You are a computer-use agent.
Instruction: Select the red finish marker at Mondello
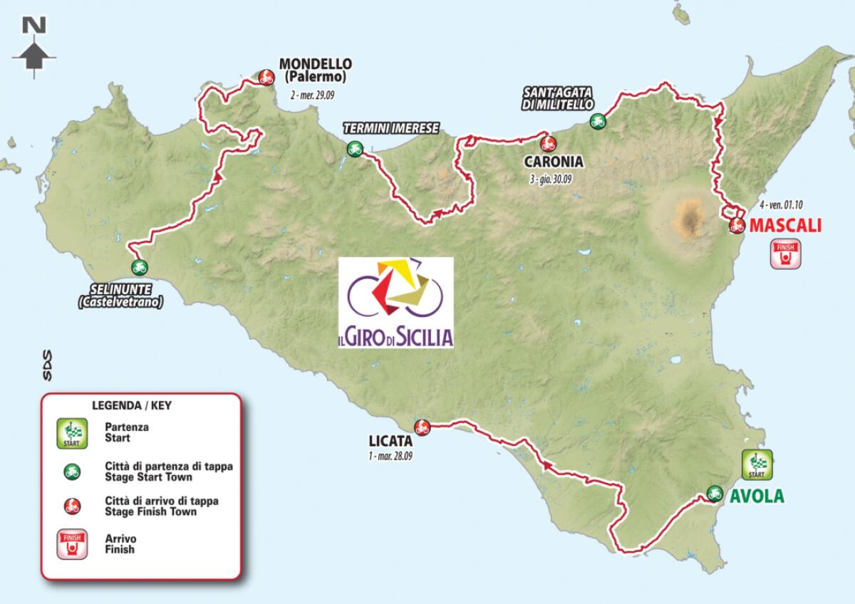(266, 77)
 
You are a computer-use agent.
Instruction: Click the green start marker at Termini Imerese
(354, 149)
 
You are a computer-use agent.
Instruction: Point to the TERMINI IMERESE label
(390, 128)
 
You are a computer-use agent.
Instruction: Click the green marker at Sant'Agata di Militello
(597, 121)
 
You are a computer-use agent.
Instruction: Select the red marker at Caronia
(548, 143)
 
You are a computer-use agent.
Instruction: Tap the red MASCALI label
(785, 226)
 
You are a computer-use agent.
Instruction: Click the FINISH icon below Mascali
(786, 255)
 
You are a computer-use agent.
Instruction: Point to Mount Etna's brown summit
(689, 217)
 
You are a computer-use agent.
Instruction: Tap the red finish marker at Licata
(422, 427)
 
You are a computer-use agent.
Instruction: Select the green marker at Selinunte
(139, 268)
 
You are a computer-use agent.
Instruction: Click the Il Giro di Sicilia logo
(395, 302)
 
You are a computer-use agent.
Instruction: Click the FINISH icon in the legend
(73, 544)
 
